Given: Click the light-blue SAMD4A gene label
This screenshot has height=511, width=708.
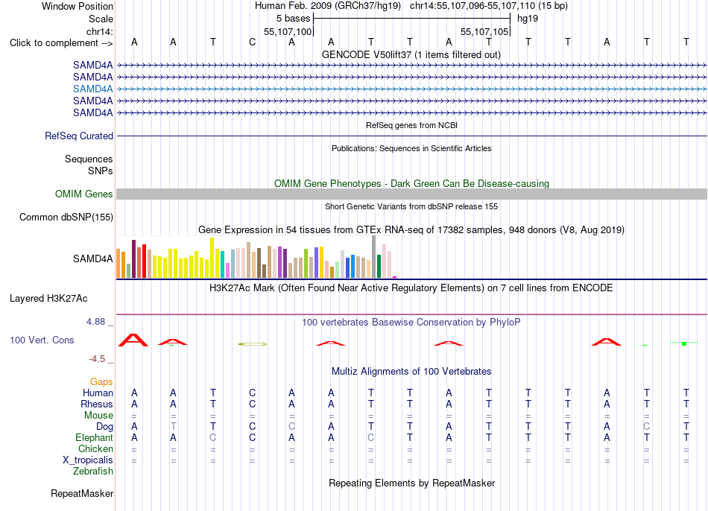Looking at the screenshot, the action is point(92,89).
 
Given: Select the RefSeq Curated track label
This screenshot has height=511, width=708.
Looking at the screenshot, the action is point(79,136).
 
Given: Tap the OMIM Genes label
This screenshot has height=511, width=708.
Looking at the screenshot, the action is point(84,194).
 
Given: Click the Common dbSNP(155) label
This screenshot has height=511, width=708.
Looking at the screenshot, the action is point(66,217).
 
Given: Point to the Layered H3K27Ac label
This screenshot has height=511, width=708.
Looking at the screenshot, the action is point(48,299).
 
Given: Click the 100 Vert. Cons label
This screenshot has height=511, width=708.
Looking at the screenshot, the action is point(42,340).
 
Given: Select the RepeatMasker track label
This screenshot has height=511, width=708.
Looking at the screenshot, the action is point(82,493).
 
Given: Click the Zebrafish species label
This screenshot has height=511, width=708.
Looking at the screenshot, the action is point(93,472).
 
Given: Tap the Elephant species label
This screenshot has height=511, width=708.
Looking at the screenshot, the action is point(95,438).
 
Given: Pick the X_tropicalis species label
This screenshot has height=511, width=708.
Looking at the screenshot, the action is point(88,460).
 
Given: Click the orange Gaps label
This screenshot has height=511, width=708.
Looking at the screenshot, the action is point(101,382).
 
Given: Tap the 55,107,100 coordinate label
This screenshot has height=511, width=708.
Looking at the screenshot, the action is point(288,31).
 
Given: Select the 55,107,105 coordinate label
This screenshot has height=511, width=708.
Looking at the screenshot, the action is point(484,31).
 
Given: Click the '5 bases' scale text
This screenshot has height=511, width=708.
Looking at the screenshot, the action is point(294,19).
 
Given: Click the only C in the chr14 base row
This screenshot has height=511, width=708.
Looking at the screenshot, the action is point(253,42).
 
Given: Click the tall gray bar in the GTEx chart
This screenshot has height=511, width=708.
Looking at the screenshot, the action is point(374,256).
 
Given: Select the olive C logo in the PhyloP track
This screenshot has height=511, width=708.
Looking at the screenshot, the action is point(253,344).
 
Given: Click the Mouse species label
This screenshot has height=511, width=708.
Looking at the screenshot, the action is point(98,416).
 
